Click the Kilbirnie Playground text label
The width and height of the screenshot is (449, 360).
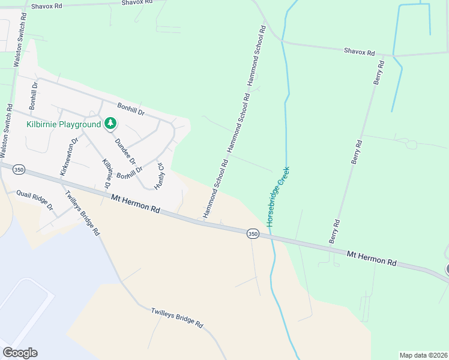[64, 124]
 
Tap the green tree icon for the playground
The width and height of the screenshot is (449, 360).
[110, 124]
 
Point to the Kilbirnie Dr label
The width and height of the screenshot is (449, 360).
[107, 175]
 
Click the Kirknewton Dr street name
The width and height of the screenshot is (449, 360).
[69, 157]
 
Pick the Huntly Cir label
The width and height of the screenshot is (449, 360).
[160, 176]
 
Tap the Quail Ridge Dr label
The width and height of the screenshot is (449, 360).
[35, 200]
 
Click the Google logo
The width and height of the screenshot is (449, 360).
[20, 352]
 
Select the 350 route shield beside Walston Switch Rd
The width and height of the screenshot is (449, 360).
[19, 170]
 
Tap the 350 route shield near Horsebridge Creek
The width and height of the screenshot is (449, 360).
[253, 233]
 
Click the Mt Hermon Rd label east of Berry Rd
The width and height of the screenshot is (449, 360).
[372, 259]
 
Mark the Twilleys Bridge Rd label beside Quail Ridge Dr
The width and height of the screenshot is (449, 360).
[82, 213]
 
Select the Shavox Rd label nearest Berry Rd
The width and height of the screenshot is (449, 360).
[359, 52]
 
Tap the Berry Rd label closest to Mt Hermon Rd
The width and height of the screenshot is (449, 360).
[334, 231]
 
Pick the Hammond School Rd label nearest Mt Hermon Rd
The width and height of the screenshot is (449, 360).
[215, 188]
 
